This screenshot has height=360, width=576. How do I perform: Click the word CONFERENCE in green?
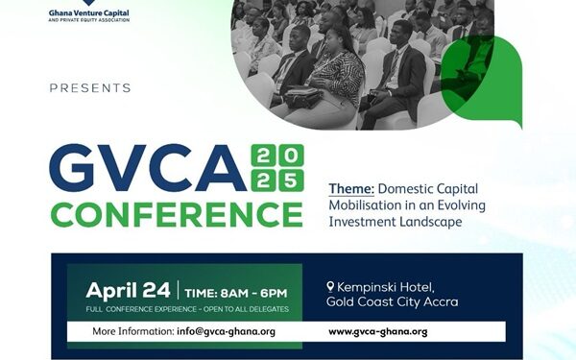pyautogui.click(x=176, y=212)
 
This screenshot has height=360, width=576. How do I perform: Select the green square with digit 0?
pyautogui.click(x=290, y=156)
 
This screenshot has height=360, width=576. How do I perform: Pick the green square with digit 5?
pyautogui.click(x=290, y=180)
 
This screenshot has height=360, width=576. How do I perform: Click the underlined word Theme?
pyautogui.click(x=349, y=189)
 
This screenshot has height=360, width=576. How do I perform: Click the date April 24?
pyautogui.click(x=128, y=289)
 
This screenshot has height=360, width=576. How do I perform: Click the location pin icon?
pyautogui.click(x=330, y=286)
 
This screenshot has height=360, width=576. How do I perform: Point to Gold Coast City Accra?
pyautogui.click(x=393, y=301)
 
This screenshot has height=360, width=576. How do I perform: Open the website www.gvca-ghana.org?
pyautogui.click(x=377, y=331)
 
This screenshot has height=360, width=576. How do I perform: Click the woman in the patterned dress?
pyautogui.click(x=336, y=82)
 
